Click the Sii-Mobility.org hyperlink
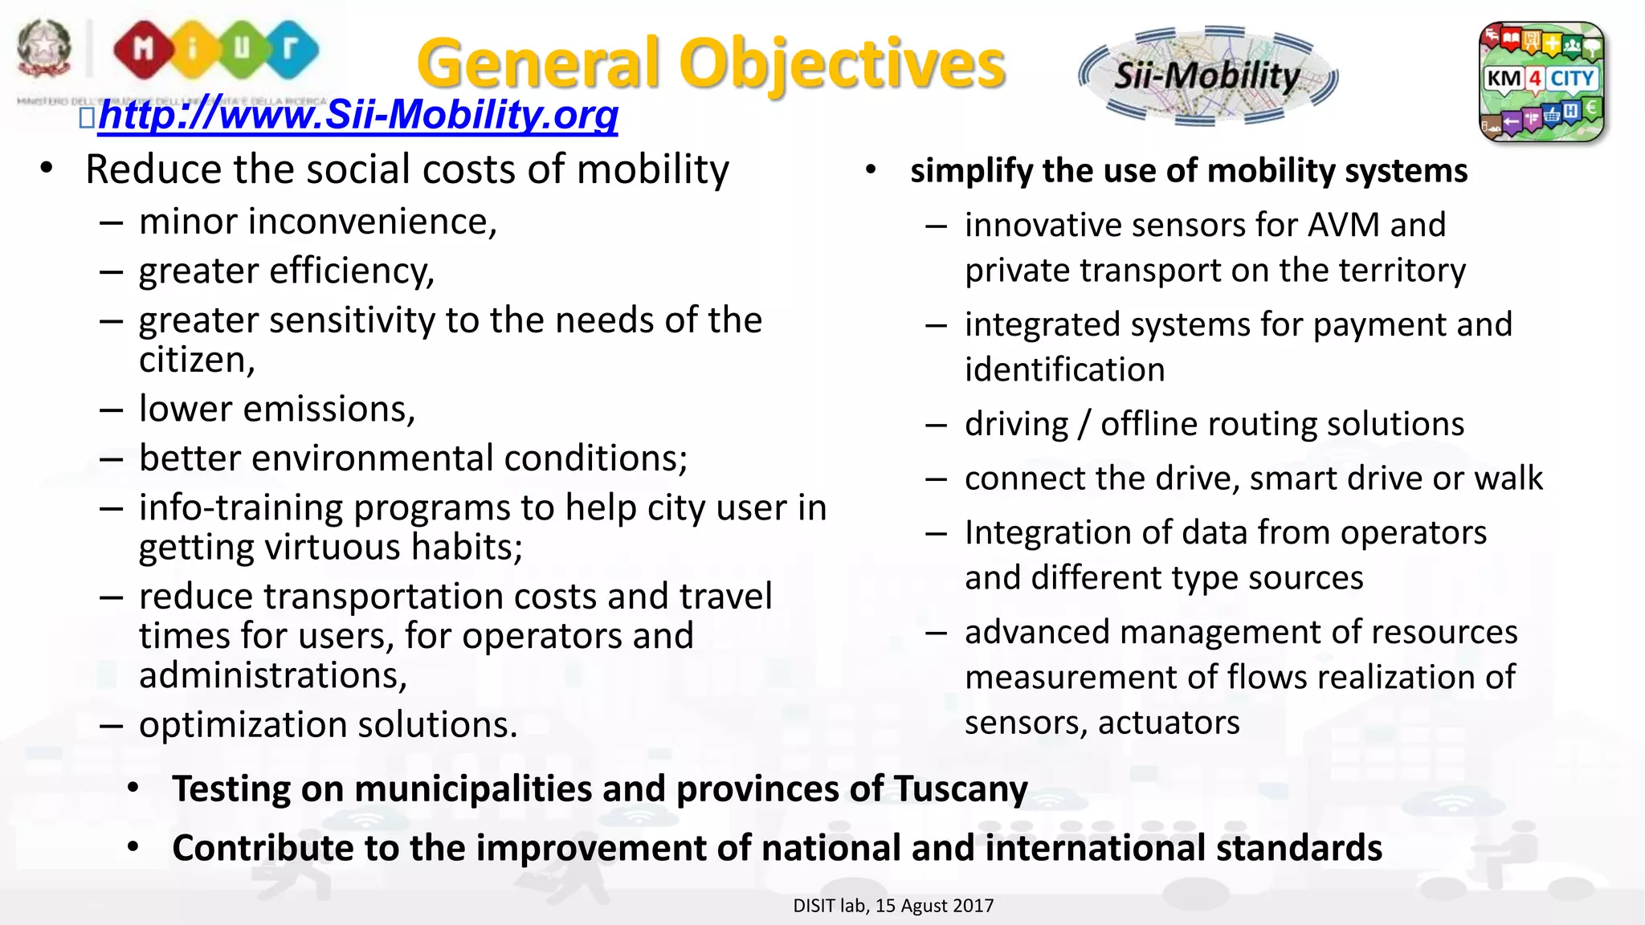(357, 114)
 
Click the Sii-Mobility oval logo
(1207, 76)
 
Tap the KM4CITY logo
(1541, 81)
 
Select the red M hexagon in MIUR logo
(143, 50)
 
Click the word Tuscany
(961, 788)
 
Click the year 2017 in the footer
(974, 906)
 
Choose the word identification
(1064, 370)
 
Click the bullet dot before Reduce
(47, 169)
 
